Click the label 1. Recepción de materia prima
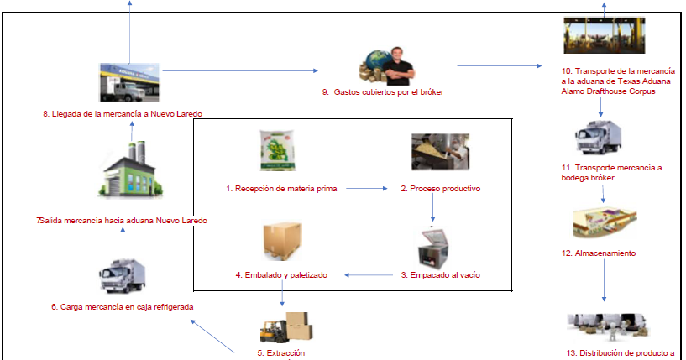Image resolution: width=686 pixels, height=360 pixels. click(281, 189)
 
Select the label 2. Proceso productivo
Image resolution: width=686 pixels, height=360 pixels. click(440, 189)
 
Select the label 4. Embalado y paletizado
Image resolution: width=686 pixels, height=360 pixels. click(281, 274)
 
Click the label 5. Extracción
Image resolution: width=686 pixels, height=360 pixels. click(281, 353)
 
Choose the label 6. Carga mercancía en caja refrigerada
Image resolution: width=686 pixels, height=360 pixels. click(122, 306)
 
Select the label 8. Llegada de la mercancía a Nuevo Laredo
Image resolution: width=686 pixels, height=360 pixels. click(123, 113)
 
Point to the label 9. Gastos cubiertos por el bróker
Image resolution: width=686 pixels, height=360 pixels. click(382, 91)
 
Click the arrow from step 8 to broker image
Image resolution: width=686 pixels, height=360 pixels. click(240, 70)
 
